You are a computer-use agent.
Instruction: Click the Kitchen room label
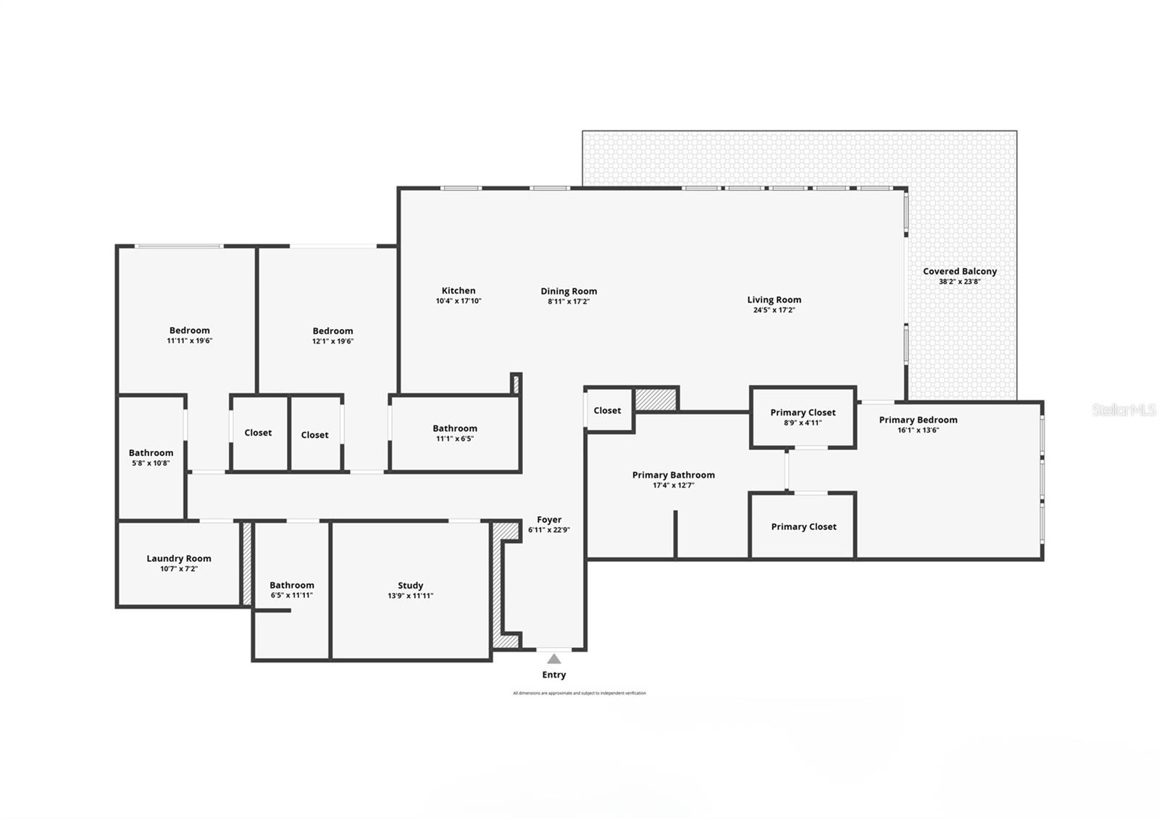point(459,291)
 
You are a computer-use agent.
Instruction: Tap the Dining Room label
point(569,291)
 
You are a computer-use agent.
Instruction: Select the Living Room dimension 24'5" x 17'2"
point(774,310)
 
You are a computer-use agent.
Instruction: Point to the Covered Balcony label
point(960,271)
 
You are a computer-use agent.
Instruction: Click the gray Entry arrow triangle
point(554,659)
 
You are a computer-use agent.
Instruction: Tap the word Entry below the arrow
point(554,675)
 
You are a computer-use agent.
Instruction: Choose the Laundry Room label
point(179,558)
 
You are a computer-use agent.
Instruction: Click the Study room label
point(410,586)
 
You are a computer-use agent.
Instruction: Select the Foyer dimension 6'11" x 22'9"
point(549,530)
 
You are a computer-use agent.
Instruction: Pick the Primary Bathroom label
point(673,475)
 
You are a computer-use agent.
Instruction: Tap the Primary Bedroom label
point(918,420)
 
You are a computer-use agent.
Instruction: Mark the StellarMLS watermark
point(1124,410)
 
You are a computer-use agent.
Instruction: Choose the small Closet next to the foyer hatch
point(607,410)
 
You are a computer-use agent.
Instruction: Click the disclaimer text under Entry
point(579,693)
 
